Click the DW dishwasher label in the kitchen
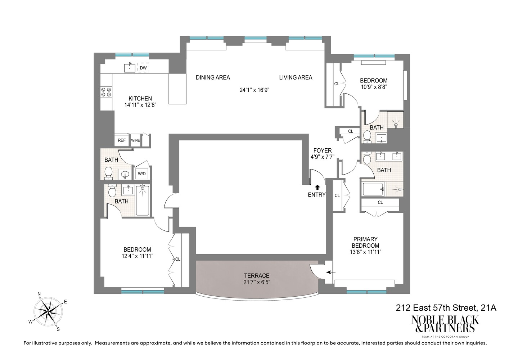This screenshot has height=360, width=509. pos(143,68)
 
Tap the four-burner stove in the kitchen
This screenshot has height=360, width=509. pos(106,92)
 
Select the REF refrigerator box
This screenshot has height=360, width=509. pos(122,140)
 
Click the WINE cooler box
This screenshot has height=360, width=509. pos(135,140)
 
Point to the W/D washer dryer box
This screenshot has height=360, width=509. pos(142,174)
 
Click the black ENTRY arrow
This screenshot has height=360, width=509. pos(317,187)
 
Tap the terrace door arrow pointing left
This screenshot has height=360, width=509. pos(331,272)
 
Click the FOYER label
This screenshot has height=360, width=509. pos(323,150)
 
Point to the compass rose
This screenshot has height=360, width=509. pos(48,311)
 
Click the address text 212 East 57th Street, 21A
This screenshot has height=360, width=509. pos(446,308)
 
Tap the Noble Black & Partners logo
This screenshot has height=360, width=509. pos(445,324)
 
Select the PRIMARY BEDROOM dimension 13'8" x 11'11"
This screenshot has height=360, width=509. pos(366,252)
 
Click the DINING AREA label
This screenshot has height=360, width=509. pos(213,77)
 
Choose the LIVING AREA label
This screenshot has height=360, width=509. pos(296,77)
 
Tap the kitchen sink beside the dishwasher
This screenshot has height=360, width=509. pos(130,67)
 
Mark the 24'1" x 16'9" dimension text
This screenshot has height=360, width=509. pos(254,90)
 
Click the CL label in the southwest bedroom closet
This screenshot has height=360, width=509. pos(178,259)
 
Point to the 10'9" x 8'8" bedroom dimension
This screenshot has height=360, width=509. pos(374,87)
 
